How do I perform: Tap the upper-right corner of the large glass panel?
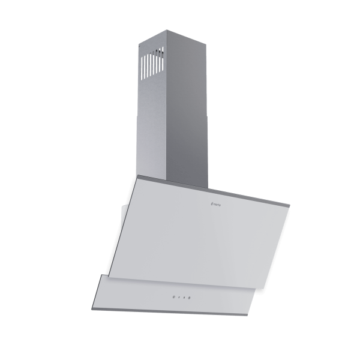pyautogui.click(x=290, y=208)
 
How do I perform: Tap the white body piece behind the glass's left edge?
pyautogui.click(x=124, y=213)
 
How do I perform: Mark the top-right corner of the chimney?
pyautogui.click(x=203, y=35)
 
